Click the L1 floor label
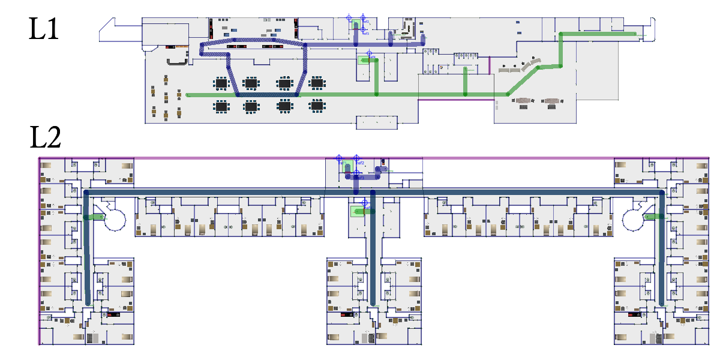[x=44, y=28]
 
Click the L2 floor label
[x=46, y=139]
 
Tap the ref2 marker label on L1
[x=366, y=22]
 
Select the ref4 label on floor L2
[x=367, y=208]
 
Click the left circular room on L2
[x=114, y=220]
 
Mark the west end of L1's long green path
[x=188, y=95]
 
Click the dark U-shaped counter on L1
[x=177, y=61]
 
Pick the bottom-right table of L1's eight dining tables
[x=317, y=106]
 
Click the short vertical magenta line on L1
[x=491, y=65]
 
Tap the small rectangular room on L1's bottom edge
[x=376, y=122]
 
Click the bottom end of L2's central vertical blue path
[x=373, y=302]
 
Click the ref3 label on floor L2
[x=361, y=178]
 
